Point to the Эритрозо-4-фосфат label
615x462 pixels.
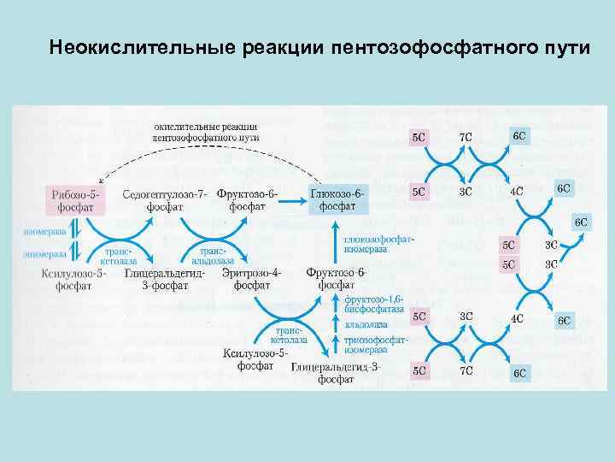pyautogui.click(x=251, y=279)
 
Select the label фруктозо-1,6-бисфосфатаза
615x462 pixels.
pyautogui.click(x=376, y=305)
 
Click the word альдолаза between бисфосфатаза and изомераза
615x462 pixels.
pyautogui.click(x=366, y=325)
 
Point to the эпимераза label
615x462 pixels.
pyautogui.click(x=39, y=255)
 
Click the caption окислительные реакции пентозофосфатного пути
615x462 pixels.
pyautogui.click(x=206, y=132)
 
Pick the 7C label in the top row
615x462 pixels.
pyautogui.click(x=466, y=137)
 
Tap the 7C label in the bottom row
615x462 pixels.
pyautogui.click(x=466, y=372)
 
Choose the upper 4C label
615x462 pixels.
pyautogui.click(x=518, y=192)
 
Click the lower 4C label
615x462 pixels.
pyautogui.click(x=518, y=318)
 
